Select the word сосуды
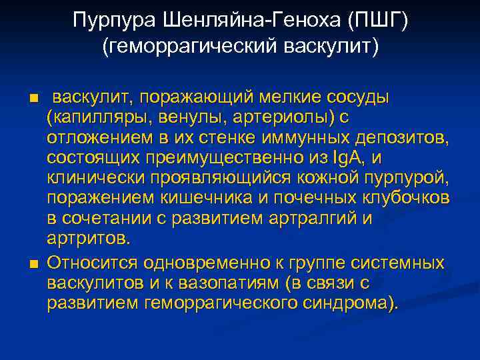point(365,97)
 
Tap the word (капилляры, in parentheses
point(92,117)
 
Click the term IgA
point(345,157)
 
